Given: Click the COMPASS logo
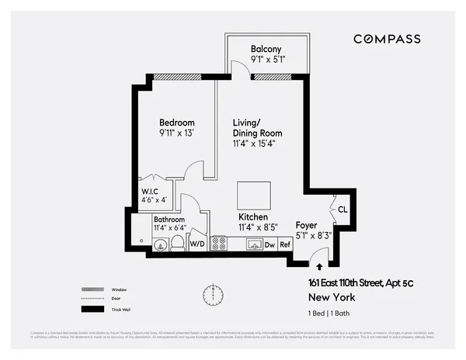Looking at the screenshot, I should pos(387,39).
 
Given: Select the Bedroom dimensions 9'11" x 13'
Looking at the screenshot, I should pos(177,133).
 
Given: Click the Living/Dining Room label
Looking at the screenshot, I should pos(256,128).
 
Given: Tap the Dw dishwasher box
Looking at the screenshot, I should pos(270,244).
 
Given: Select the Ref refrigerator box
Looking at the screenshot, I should pos(285,244).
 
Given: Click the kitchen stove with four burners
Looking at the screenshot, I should pos(218,244).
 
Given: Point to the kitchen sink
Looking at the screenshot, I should pos(252,244).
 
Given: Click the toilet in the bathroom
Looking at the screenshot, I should pos(178,244).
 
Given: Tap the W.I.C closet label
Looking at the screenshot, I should pos(149,192).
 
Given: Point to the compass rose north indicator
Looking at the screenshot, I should pos(212,295).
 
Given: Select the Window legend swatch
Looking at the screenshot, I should pos(93,289).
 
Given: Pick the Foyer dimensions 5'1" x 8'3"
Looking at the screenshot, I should pos(314,235).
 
